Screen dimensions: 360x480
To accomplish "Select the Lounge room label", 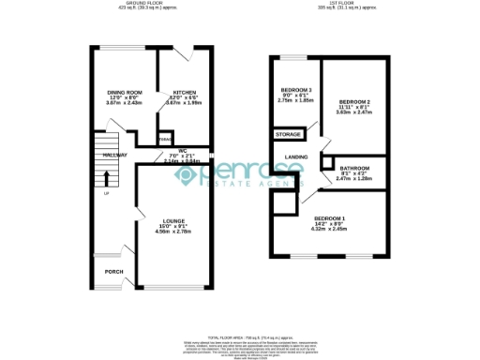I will (162, 220).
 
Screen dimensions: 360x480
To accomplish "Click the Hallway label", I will (115, 155).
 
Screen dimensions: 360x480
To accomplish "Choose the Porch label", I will (114, 272).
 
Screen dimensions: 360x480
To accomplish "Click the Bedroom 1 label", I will (330, 218).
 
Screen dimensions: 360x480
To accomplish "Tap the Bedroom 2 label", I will (354, 100).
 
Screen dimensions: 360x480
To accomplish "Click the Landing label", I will (297, 157).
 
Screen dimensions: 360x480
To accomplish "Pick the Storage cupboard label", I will (288, 135).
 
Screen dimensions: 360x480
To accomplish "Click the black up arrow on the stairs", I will (106, 177).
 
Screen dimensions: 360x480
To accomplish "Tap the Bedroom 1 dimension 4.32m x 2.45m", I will (330, 229).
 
